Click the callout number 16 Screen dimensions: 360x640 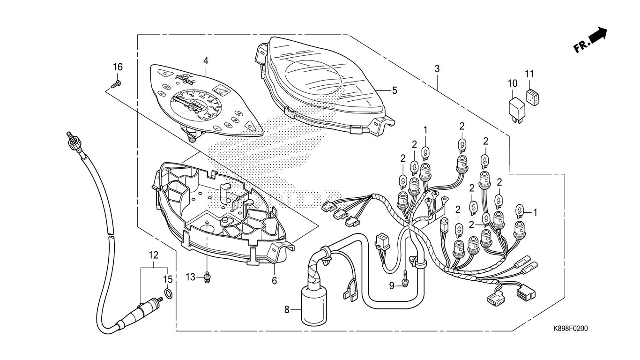coord(117,67)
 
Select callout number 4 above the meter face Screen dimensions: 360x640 coord(205,61)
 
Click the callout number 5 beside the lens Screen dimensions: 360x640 coord(394,90)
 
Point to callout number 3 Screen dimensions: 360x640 coord(437,68)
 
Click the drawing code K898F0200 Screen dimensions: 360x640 coord(570,328)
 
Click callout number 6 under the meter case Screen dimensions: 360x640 coord(275,280)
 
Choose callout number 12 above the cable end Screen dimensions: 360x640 coord(154,255)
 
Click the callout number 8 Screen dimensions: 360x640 coord(287,309)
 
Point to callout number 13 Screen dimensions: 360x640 coord(190,277)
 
